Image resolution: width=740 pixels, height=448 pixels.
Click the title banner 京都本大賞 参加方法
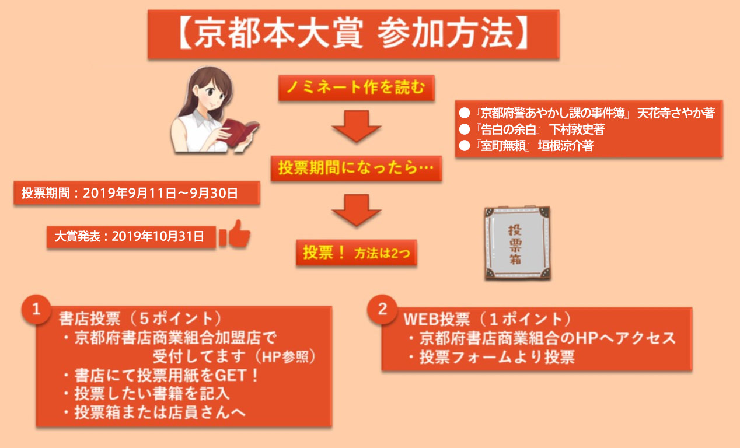[354, 34]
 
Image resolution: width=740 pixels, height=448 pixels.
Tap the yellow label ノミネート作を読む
[356, 88]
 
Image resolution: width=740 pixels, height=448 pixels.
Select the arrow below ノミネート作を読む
[357, 126]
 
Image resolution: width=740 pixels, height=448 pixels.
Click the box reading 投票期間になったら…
[356, 169]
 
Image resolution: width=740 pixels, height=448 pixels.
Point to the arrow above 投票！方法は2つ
[357, 210]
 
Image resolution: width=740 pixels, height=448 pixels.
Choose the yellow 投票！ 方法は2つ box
[357, 253]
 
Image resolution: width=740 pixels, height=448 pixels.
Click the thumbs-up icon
[235, 234]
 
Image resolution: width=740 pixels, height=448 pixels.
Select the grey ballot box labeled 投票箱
[517, 243]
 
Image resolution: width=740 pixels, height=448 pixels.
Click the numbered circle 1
[36, 309]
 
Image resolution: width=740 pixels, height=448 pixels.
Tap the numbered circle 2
[382, 309]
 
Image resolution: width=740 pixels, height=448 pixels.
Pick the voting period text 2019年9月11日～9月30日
[160, 193]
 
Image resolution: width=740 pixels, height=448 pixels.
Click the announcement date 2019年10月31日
[158, 236]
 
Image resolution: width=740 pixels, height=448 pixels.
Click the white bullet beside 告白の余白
[465, 129]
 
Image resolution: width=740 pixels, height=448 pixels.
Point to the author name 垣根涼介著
[566, 146]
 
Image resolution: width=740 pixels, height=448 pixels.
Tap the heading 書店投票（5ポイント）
[141, 318]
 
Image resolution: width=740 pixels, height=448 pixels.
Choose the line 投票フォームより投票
[497, 357]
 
